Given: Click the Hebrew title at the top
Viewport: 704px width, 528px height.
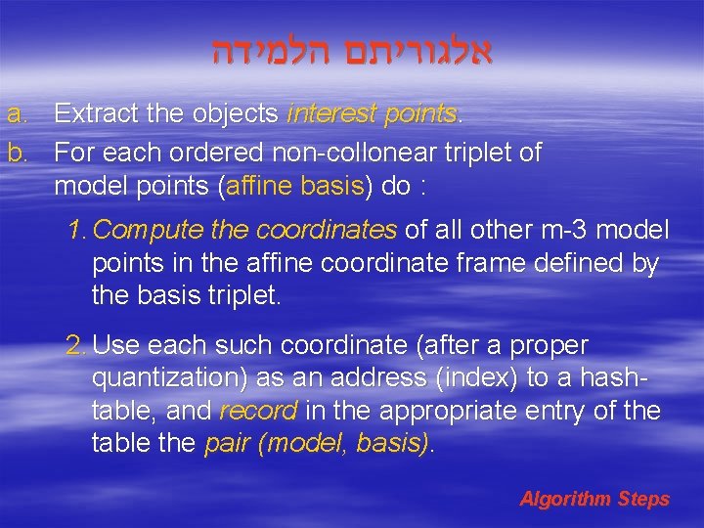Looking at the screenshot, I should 353,51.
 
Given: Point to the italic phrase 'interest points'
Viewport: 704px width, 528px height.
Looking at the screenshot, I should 372,114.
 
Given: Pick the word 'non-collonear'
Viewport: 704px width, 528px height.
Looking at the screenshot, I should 339,153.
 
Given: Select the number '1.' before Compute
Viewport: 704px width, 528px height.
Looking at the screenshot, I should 78,231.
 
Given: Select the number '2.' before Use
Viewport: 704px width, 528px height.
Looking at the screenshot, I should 77,346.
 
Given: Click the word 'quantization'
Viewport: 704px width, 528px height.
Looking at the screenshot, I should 169,378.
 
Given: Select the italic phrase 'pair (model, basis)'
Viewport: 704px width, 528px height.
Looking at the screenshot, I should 317,443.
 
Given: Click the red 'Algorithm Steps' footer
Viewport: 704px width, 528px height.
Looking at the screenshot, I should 594,500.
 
